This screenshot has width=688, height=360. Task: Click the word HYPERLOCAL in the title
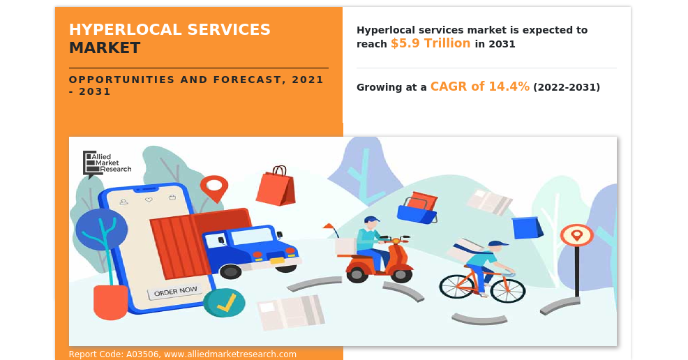(x=125, y=29)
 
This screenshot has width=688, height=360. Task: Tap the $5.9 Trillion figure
(x=431, y=43)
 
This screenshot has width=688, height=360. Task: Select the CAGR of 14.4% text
(x=479, y=87)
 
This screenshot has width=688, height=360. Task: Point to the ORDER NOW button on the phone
(x=175, y=292)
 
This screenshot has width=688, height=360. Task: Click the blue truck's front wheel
(x=230, y=271)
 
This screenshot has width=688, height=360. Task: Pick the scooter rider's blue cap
(x=371, y=219)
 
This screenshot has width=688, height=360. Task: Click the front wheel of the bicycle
(x=508, y=290)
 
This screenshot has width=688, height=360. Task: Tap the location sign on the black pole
(x=576, y=236)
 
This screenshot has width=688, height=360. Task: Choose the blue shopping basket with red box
(x=417, y=207)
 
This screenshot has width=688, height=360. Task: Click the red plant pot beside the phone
(x=110, y=301)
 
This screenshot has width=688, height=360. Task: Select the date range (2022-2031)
(x=567, y=87)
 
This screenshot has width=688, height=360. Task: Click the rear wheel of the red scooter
(x=357, y=274)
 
